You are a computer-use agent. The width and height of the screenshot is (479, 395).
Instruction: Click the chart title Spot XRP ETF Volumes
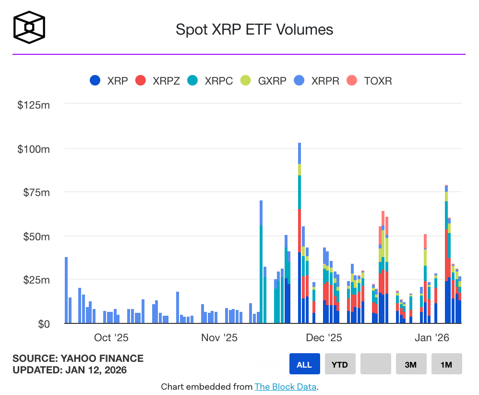pyautogui.click(x=254, y=29)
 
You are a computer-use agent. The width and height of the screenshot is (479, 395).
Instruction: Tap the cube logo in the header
pyautogui.click(x=29, y=27)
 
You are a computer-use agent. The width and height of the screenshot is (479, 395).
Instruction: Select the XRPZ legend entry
pyautogui.click(x=158, y=81)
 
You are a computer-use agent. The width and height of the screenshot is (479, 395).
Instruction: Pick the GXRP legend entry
pyautogui.click(x=263, y=81)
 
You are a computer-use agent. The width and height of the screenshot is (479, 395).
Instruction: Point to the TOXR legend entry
pyautogui.click(x=370, y=81)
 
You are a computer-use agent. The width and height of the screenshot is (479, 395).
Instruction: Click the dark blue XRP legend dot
pyautogui.click(x=96, y=81)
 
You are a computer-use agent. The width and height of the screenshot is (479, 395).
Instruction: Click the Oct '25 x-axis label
pyautogui.click(x=111, y=338)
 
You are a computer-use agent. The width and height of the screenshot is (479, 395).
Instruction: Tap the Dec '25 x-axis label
pyautogui.click(x=324, y=338)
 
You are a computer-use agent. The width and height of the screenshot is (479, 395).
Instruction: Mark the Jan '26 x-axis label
pyautogui.click(x=432, y=338)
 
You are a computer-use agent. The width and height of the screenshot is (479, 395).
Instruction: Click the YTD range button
pyautogui.click(x=340, y=364)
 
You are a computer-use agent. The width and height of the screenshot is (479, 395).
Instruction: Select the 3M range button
pyautogui.click(x=411, y=364)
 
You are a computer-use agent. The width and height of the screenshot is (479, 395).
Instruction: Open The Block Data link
pyautogui.click(x=286, y=387)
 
